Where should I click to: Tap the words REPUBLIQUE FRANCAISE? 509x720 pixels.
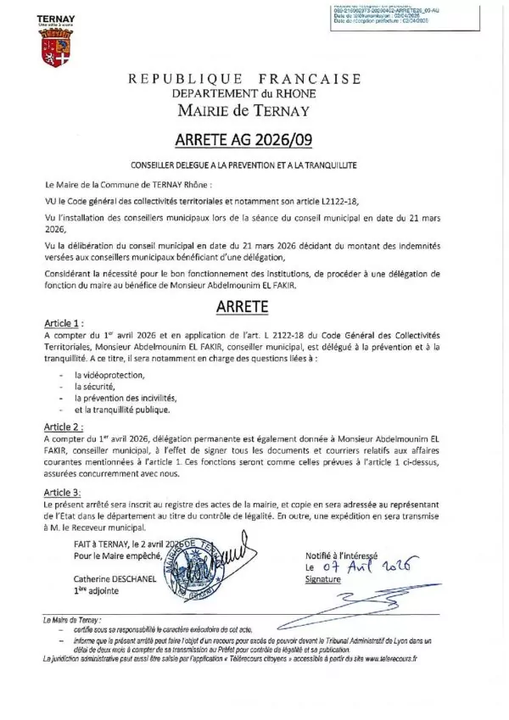244,79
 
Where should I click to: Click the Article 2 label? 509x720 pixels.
64,427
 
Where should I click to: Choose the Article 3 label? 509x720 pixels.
64,492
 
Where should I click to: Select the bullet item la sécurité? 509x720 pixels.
97,386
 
